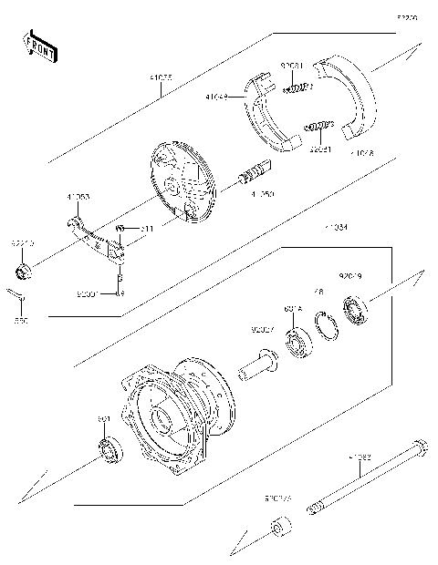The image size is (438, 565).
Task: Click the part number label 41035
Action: point(161,79)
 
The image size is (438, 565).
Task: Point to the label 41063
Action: point(78,197)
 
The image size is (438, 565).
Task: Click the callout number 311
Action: point(146,228)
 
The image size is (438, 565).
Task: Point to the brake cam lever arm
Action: point(96,237)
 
